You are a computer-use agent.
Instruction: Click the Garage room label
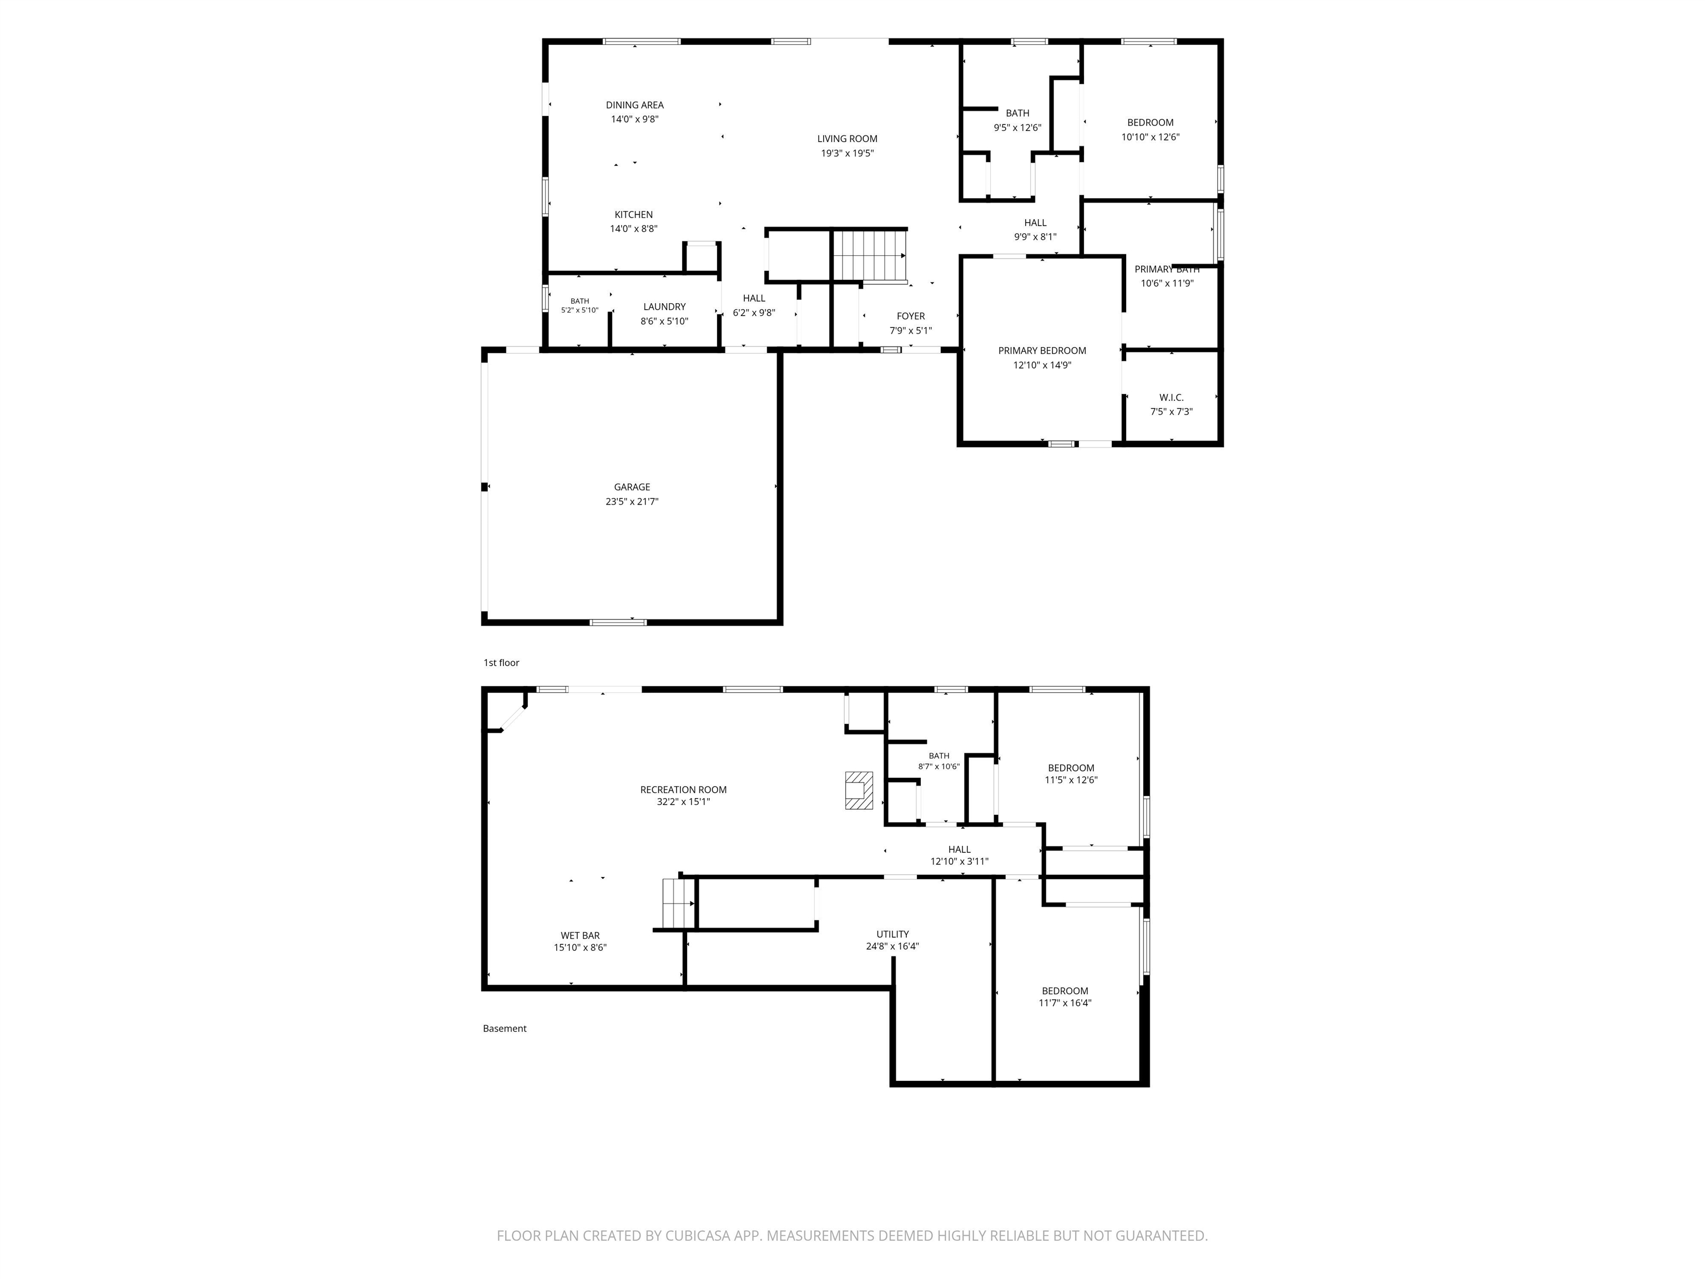[632, 487]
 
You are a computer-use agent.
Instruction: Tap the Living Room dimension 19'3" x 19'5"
[847, 153]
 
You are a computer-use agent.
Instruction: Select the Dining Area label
[634, 105]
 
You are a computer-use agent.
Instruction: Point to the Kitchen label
[634, 214]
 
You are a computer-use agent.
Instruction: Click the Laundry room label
[664, 307]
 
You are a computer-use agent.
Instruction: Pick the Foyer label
[910, 316]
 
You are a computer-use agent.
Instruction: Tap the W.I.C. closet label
[1171, 398]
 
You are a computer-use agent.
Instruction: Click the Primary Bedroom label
[1042, 351]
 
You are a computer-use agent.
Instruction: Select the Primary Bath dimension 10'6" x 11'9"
[1167, 284]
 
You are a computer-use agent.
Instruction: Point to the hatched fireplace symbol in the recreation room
[859, 790]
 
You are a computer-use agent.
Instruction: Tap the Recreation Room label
[683, 789]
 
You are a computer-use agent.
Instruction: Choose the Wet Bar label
[579, 935]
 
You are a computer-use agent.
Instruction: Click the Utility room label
[892, 934]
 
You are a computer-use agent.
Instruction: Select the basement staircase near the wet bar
[678, 904]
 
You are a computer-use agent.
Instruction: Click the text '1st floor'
[501, 663]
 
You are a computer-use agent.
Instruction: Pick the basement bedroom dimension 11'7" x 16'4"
[1065, 1003]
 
